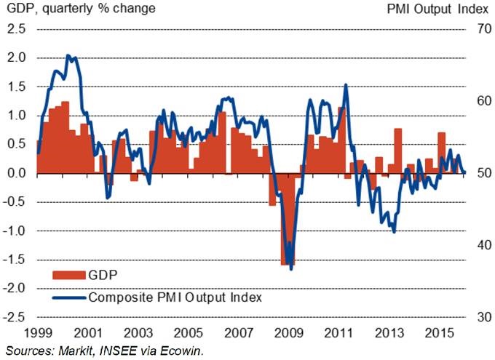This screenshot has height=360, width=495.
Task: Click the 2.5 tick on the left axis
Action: coord(17,29)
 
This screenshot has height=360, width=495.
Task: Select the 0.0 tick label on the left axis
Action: coord(17,173)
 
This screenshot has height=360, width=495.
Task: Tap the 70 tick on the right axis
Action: coord(476,29)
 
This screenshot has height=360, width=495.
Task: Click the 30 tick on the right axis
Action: coord(476,317)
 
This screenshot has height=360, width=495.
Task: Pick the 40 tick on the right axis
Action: coord(476,245)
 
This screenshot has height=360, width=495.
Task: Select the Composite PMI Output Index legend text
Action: coord(175,297)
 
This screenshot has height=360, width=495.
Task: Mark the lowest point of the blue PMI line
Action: coord(291,269)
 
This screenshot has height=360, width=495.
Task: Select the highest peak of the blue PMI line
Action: coord(68,55)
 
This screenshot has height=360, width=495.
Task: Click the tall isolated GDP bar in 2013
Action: coord(398,151)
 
